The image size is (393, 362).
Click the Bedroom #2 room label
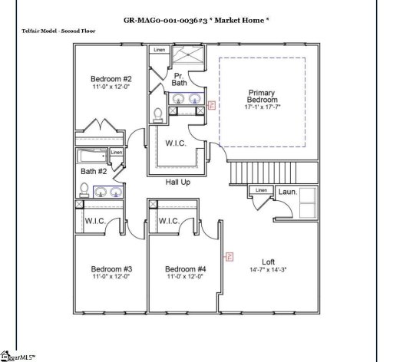click(112, 79)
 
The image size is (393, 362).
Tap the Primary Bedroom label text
click(261, 97)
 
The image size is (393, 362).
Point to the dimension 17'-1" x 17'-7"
click(261, 107)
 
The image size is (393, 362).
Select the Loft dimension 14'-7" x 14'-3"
click(268, 270)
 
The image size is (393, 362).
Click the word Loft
click(268, 262)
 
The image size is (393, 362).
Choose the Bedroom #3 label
click(112, 268)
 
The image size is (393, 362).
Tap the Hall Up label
click(178, 183)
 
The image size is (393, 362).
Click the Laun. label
click(287, 192)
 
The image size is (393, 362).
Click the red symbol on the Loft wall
click(228, 258)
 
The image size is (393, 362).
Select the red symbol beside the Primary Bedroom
click(212, 106)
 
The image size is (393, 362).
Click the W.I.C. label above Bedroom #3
click(95, 221)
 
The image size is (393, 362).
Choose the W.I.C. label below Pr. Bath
click(177, 142)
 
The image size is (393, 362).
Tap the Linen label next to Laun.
click(262, 190)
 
